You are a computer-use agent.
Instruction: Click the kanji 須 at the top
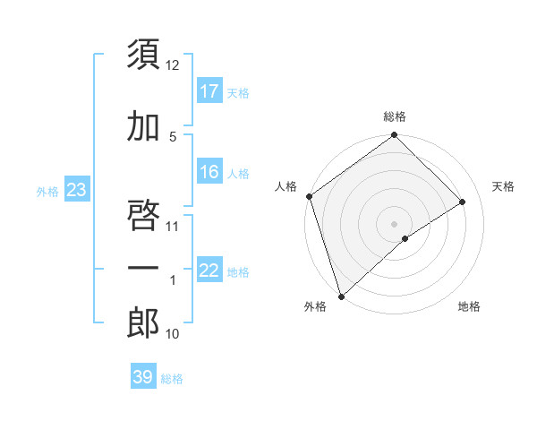pyautogui.click(x=144, y=56)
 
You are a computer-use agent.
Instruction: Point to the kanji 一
pyautogui.click(x=144, y=268)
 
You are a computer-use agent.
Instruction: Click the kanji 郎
pyautogui.click(x=144, y=323)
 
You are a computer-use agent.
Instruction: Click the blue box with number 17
pyautogui.click(x=209, y=90)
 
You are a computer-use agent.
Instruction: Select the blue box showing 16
pyautogui.click(x=209, y=172)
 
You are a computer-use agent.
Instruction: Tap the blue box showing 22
pyautogui.click(x=209, y=271)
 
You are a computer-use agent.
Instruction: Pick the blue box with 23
pyautogui.click(x=76, y=190)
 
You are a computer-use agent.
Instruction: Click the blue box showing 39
pyautogui.click(x=143, y=377)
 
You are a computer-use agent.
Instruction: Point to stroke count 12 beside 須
pyautogui.click(x=173, y=65)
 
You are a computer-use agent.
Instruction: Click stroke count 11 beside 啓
pyautogui.click(x=173, y=226)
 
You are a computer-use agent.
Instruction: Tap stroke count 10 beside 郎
pyautogui.click(x=173, y=334)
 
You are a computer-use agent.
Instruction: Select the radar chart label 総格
pyautogui.click(x=394, y=116)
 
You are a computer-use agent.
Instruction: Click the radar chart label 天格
pyautogui.click(x=503, y=186)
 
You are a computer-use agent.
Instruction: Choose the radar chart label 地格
pyautogui.click(x=469, y=306)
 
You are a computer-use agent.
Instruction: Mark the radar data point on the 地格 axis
pyautogui.click(x=405, y=238)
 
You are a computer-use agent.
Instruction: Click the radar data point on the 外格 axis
pyautogui.click(x=341, y=296)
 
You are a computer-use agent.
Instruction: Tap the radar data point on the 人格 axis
pyautogui.click(x=309, y=196)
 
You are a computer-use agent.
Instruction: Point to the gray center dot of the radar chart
pyautogui.click(x=394, y=223)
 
